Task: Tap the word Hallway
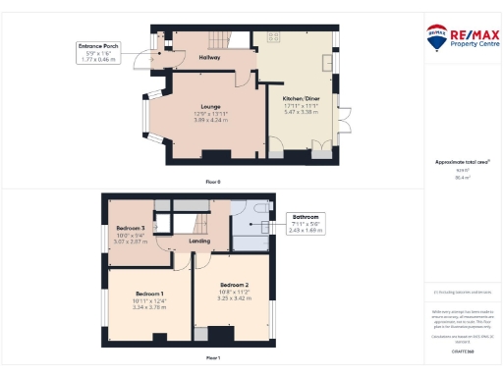(209, 58)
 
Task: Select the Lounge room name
(209, 106)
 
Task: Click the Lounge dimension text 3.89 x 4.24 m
(209, 120)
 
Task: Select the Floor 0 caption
(213, 183)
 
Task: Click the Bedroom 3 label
(131, 228)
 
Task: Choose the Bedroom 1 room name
(148, 295)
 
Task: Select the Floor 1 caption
(213, 358)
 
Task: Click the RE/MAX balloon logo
(437, 37)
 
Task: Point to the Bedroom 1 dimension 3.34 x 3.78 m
(148, 306)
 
